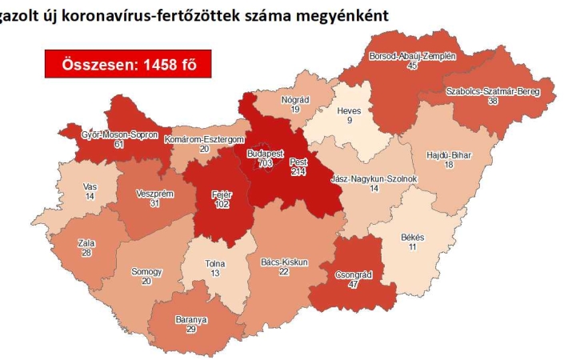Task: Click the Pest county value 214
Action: tap(298, 171)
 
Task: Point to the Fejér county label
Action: tap(221, 194)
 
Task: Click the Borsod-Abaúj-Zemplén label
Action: tap(412, 57)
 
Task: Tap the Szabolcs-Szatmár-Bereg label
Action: tap(492, 92)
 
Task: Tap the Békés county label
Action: tap(412, 238)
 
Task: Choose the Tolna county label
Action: tap(214, 264)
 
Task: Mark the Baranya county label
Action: tap(190, 318)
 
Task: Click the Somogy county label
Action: tap(146, 272)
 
